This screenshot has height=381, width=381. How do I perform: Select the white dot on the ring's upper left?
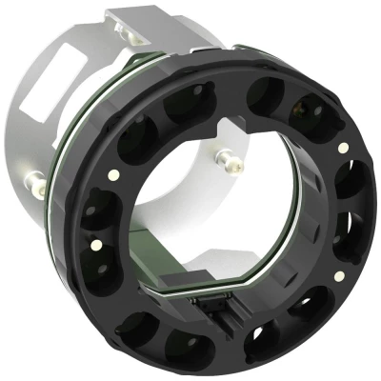tap(113, 174)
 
